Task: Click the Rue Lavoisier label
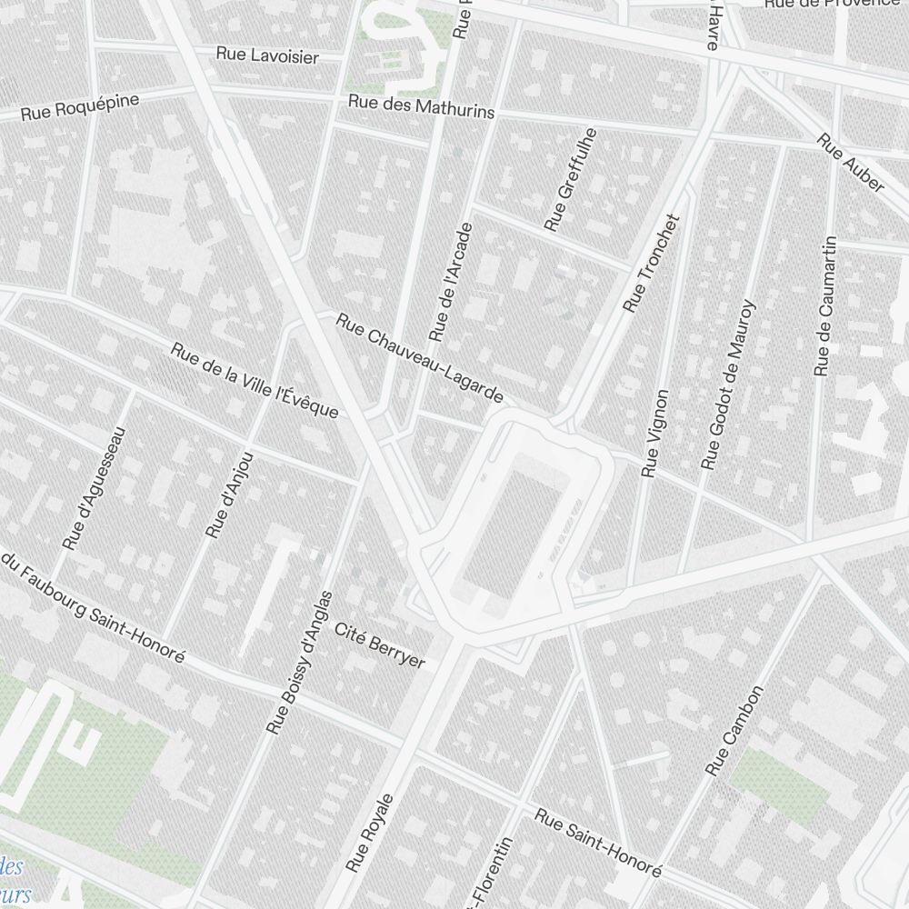(267, 55)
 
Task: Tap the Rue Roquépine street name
(81, 107)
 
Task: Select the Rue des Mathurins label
(422, 106)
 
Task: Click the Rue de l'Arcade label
(452, 283)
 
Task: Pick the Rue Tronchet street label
(652, 264)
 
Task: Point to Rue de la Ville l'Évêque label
(255, 380)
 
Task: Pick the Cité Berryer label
(380, 645)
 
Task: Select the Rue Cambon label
(735, 731)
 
